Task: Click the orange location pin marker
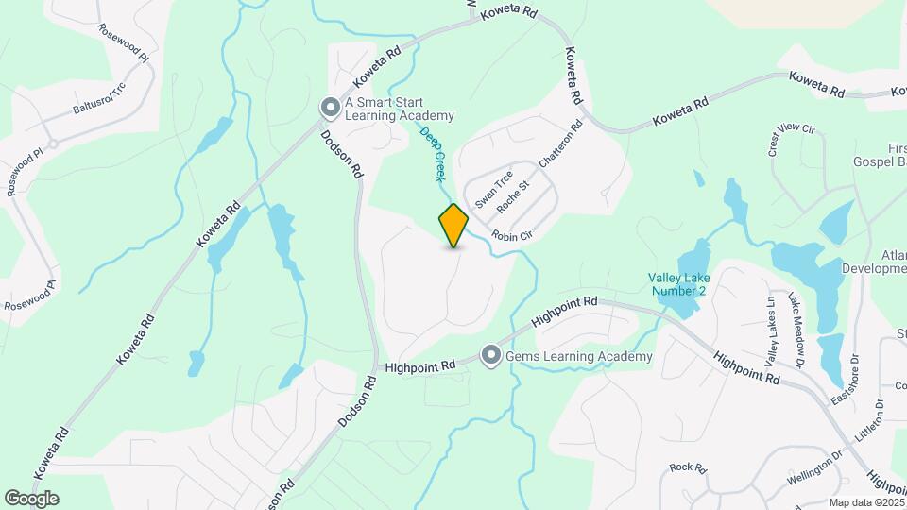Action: pos(454,225)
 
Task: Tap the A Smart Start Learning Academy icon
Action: pos(331,109)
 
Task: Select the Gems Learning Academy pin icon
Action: pos(490,356)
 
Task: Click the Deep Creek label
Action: pos(433,155)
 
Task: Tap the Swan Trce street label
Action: pos(494,191)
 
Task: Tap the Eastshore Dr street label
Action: pos(847,379)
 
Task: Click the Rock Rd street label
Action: pos(688,467)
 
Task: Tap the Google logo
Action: pos(31,499)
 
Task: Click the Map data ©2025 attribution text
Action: pos(865,502)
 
